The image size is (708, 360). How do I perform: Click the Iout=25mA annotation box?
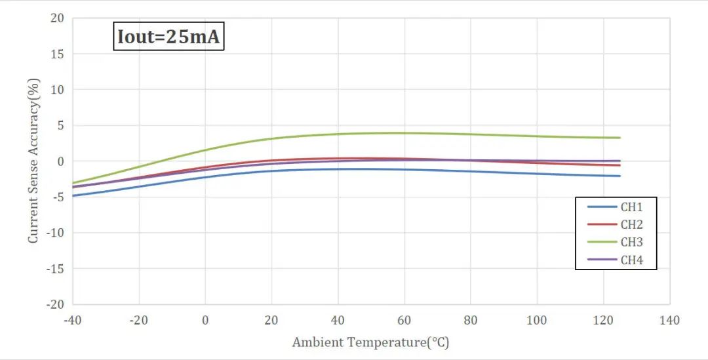pos(169,37)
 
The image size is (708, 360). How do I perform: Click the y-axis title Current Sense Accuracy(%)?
pos(33,161)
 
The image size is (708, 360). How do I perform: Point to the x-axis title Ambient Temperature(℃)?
pos(371,342)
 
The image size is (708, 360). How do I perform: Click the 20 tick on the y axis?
pos(58,18)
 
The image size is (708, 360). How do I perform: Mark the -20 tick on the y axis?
pos(55,304)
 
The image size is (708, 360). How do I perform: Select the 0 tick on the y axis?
pos(60,161)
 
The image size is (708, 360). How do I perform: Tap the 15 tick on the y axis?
pos(58,54)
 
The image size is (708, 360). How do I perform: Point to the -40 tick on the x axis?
pos(72,321)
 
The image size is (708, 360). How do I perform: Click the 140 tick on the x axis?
pos(669,321)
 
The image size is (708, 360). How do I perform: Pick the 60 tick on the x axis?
pos(404,321)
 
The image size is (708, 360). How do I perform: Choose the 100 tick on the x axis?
pos(537,321)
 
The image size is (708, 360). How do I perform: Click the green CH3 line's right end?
pos(619,138)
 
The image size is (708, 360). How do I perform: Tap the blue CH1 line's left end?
pos(73,195)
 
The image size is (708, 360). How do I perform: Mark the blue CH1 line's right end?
pos(619,176)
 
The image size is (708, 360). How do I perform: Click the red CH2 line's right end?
pos(619,165)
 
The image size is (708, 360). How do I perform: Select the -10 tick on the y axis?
pos(55,233)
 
